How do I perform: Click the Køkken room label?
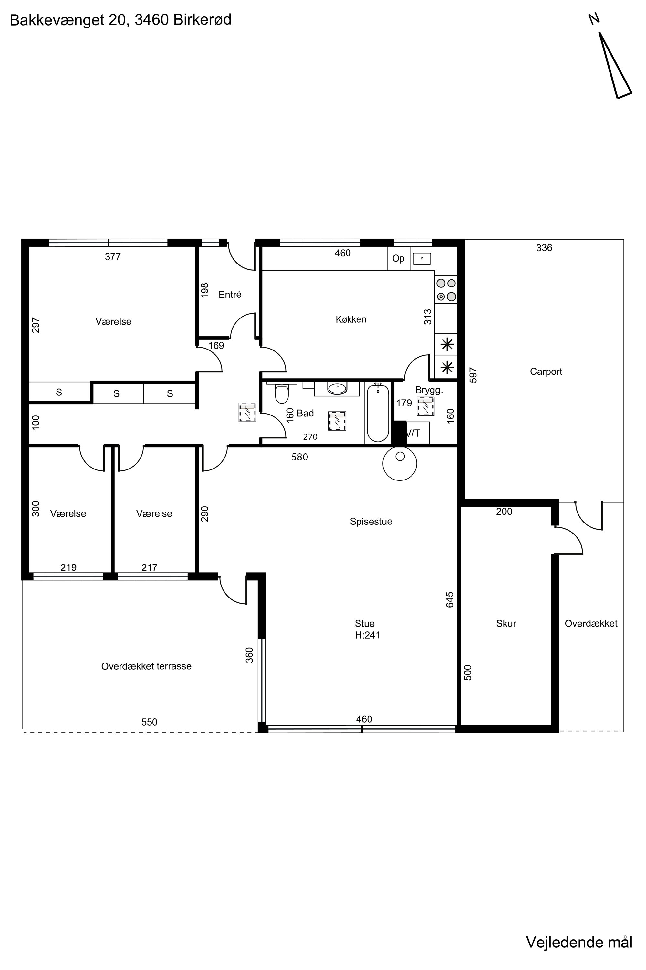click(x=350, y=319)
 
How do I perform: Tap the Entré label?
click(x=230, y=295)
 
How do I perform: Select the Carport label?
click(x=546, y=372)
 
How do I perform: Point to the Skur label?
click(x=506, y=624)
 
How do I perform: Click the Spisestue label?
click(x=371, y=522)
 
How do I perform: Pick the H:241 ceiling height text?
click(x=368, y=635)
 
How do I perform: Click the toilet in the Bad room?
click(x=282, y=393)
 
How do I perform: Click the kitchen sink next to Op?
click(x=422, y=259)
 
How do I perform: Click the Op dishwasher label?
click(x=398, y=259)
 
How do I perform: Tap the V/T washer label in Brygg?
click(x=413, y=433)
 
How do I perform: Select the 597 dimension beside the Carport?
click(x=474, y=375)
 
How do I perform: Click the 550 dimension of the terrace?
click(x=149, y=722)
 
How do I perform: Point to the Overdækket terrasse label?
click(x=146, y=666)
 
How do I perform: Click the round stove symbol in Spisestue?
click(x=400, y=464)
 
